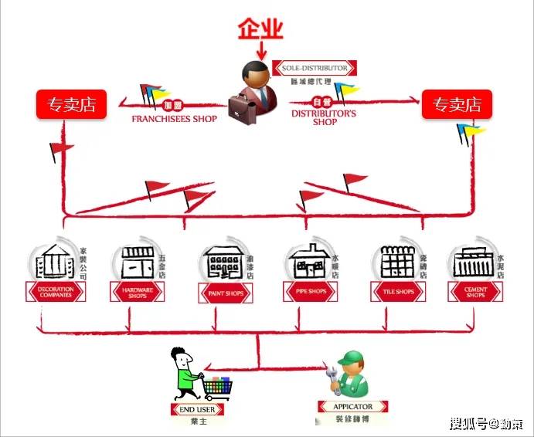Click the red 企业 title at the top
click(260, 29)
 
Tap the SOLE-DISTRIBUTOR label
click(315, 68)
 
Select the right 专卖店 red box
click(456, 105)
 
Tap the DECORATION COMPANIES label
click(56, 292)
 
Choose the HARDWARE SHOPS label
click(140, 292)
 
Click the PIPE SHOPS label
click(311, 292)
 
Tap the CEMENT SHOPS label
click(475, 292)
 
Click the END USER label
click(197, 409)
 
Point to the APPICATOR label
click(352, 407)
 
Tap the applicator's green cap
click(352, 357)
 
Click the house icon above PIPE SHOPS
click(308, 263)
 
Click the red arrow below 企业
click(260, 51)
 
